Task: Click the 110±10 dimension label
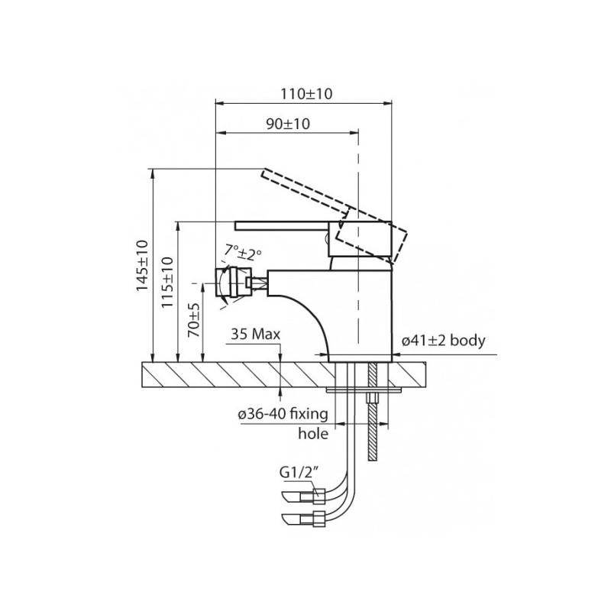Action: tap(303, 95)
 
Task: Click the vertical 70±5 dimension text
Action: tap(194, 319)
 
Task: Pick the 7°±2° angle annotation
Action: tap(243, 252)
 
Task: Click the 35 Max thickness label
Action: tap(256, 335)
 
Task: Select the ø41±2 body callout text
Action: tap(443, 341)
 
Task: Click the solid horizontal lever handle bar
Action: tap(283, 225)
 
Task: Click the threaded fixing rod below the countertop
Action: tap(373, 428)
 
